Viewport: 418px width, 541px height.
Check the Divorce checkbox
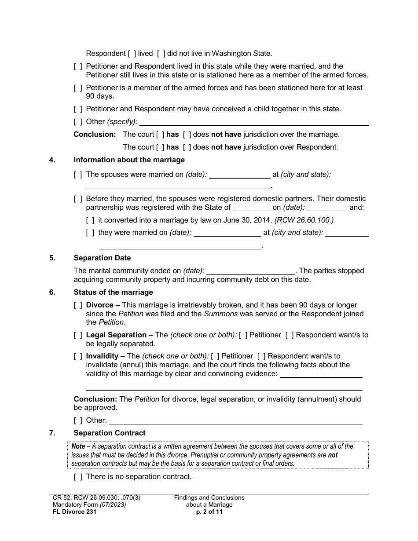coord(78,305)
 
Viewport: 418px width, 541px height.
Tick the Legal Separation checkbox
coord(78,335)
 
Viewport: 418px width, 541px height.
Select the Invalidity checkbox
coord(78,356)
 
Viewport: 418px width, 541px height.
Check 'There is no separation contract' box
coord(78,477)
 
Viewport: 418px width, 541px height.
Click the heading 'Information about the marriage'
coord(129,160)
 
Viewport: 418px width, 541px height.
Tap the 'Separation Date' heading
coord(102,258)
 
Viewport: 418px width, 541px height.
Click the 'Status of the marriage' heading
coord(113,292)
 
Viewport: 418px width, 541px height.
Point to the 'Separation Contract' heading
coord(109,433)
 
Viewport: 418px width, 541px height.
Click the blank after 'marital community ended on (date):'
coord(251,271)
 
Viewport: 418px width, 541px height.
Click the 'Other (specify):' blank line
coord(254,122)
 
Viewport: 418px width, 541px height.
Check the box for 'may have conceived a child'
coord(78,109)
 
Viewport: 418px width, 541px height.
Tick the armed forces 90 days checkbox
coord(78,88)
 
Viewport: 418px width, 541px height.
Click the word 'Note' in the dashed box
coord(78,446)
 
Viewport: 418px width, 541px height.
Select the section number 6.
coord(52,292)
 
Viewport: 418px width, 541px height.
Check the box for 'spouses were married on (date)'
coord(78,175)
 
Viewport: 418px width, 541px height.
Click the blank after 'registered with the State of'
coord(251,208)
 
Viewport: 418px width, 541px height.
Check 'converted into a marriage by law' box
coord(90,220)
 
